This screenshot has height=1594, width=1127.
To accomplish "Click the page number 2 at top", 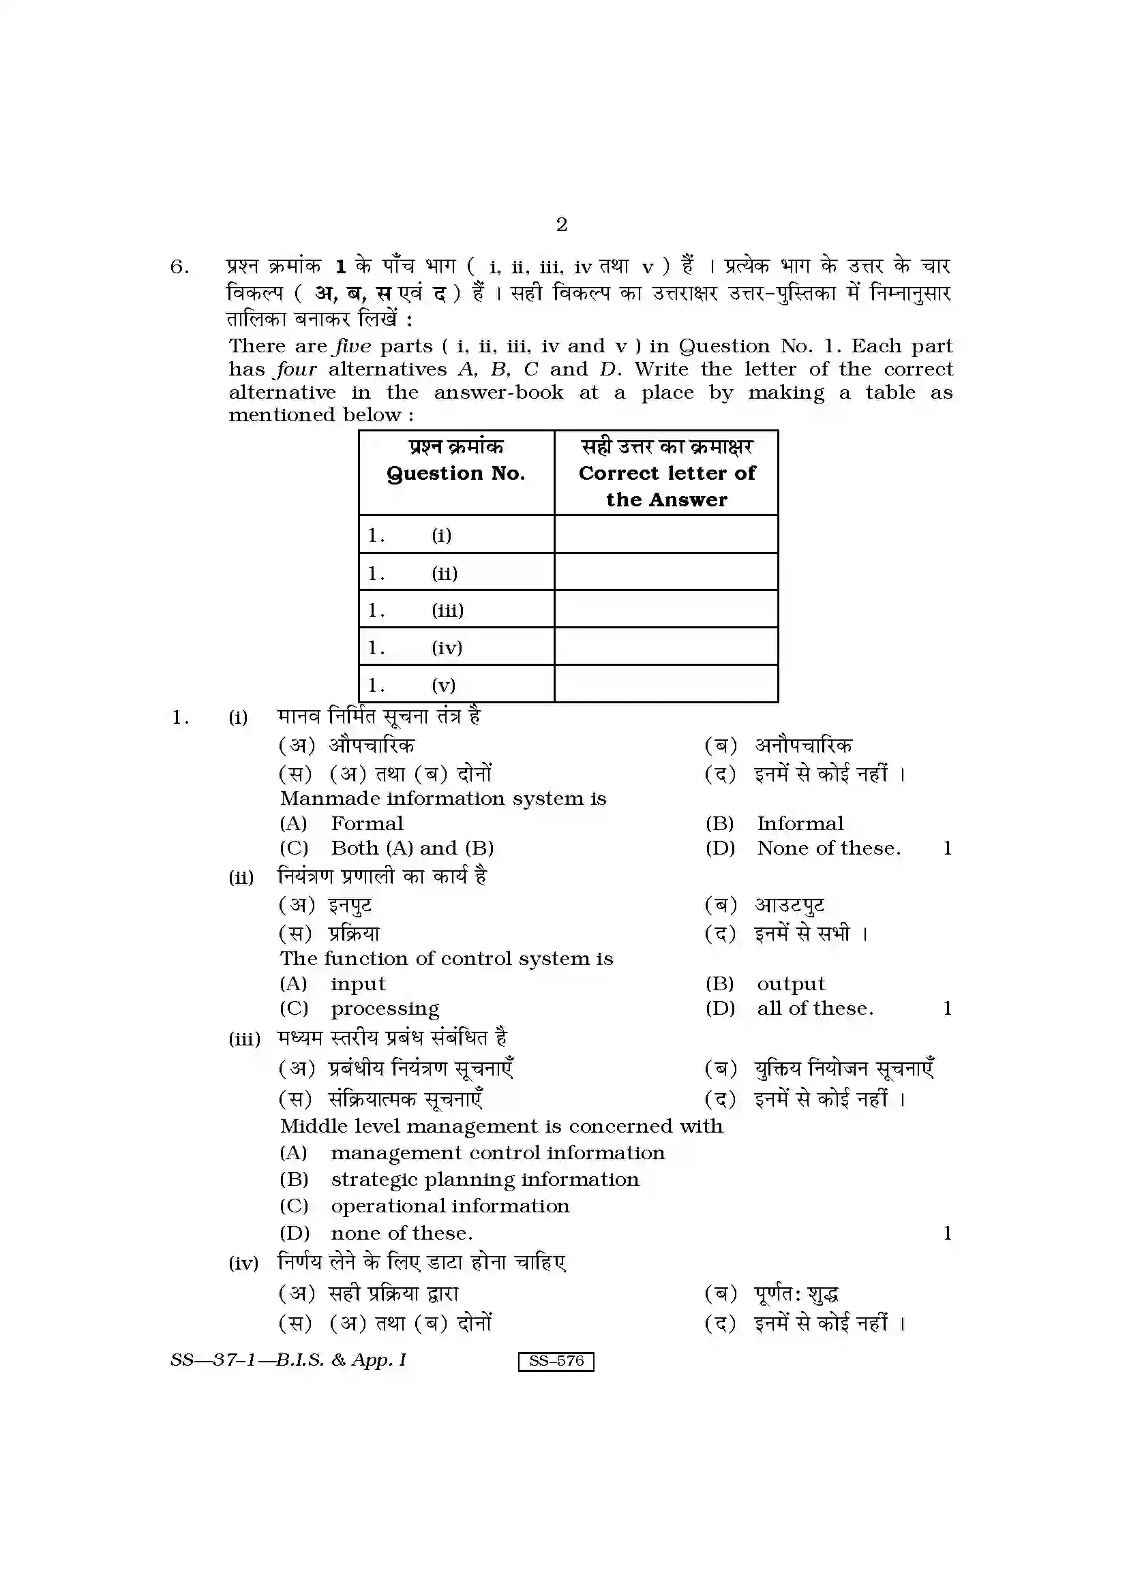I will click(x=562, y=225).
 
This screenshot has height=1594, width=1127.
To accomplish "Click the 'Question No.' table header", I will click(x=455, y=474).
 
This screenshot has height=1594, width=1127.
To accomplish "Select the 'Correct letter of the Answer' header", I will click(x=666, y=486).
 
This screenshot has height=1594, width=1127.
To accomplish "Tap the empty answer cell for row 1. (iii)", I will click(x=665, y=609).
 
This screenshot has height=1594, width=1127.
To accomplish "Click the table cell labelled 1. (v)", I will click(x=455, y=684).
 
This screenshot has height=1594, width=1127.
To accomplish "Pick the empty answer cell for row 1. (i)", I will click(x=665, y=534).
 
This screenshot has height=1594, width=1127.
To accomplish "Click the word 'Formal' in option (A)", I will click(x=367, y=823).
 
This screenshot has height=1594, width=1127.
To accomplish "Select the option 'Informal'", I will click(x=800, y=823).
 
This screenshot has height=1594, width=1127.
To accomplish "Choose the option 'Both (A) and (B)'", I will click(x=412, y=848).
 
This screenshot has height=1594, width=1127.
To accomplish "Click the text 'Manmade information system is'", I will click(x=443, y=799).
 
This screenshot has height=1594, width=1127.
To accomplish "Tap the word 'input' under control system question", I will click(x=358, y=984).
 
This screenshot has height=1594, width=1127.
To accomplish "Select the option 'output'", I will click(x=791, y=985).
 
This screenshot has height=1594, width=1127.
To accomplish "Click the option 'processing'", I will click(x=385, y=1009).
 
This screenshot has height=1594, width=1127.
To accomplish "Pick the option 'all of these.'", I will click(x=815, y=1009).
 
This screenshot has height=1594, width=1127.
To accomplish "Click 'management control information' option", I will click(x=497, y=1153).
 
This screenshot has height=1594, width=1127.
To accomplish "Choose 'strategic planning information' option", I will click(x=485, y=1180).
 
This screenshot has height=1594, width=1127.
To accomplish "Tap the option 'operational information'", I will click(x=450, y=1206).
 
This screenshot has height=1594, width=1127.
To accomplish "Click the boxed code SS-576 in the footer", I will click(x=556, y=1361).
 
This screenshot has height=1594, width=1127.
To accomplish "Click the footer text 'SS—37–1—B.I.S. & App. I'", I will click(x=288, y=1360).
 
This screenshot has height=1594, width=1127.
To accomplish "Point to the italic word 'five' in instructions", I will click(x=352, y=346).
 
